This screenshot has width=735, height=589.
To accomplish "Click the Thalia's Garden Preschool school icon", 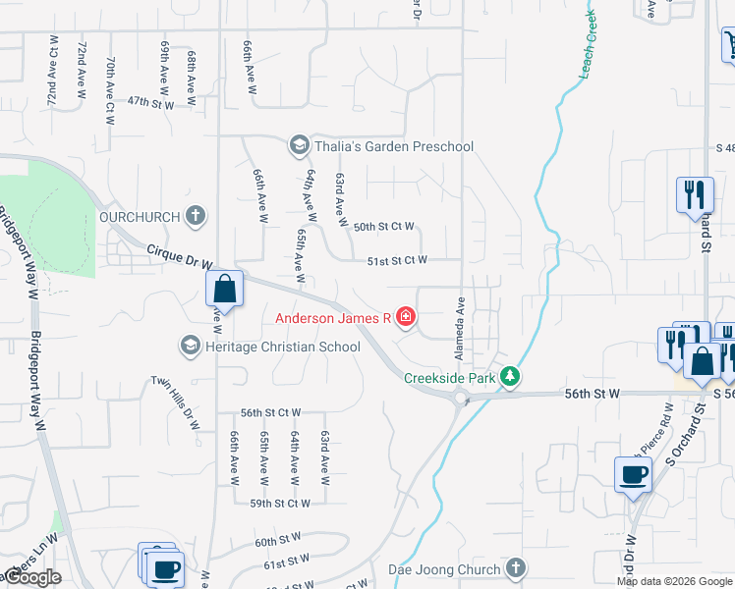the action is point(297,146).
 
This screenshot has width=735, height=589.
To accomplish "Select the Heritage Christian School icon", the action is point(190,346).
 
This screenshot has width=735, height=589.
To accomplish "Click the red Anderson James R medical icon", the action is point(406,317).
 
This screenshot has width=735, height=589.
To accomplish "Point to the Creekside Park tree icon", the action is point(509,377).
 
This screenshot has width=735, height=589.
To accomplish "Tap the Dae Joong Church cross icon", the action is point(516,568).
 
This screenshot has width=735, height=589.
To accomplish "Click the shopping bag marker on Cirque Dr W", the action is point(224,291).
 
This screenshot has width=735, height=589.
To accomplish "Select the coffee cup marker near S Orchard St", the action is point(633,477).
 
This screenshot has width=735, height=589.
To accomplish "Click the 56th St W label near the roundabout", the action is point(594,393).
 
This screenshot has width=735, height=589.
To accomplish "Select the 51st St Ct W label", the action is point(397,260).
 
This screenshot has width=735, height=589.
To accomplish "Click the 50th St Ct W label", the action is point(383,226).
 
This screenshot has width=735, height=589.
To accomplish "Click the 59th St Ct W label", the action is point(279,503).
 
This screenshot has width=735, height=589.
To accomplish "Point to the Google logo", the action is point(31,577).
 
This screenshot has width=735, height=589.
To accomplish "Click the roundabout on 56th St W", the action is point(460,397).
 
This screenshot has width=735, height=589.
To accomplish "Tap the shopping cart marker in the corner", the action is point(730,44).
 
